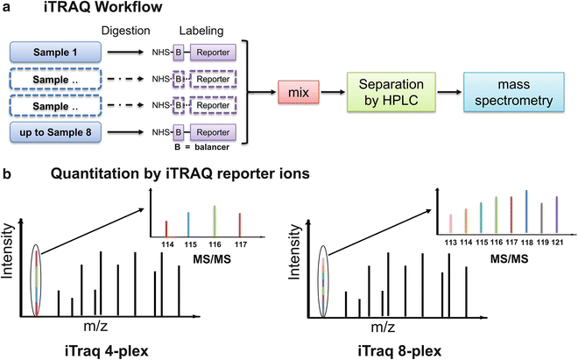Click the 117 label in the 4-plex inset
[x=242, y=244]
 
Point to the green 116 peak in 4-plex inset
[x=215, y=220]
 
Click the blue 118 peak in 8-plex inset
[x=525, y=212]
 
